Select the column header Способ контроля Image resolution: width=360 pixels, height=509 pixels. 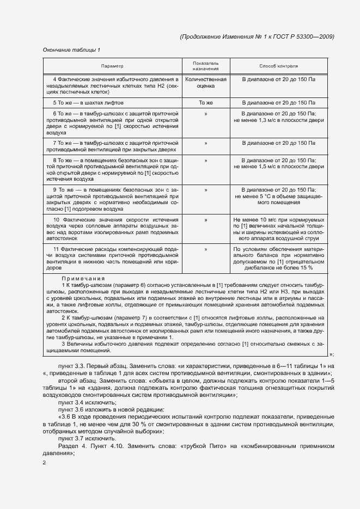coord(278,65)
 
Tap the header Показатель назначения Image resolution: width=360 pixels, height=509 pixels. coord(205,66)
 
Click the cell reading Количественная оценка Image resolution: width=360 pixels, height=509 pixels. coord(205,83)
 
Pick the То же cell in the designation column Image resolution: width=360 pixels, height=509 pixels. coord(205,102)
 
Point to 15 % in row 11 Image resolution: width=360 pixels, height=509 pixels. coord(305,268)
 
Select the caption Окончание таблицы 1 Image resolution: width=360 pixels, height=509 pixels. coord(71,50)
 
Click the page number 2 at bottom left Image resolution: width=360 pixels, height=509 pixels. coord(45,463)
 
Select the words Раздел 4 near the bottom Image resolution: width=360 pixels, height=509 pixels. coord(74,445)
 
